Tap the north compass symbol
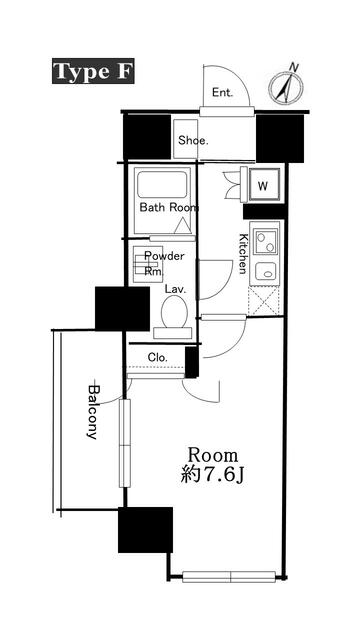[286, 87]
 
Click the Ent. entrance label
[222, 94]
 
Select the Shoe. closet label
[193, 140]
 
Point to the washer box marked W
[262, 186]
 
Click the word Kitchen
[243, 253]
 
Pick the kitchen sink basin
[265, 271]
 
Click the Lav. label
[177, 289]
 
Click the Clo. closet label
[157, 357]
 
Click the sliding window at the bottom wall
[231, 576]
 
